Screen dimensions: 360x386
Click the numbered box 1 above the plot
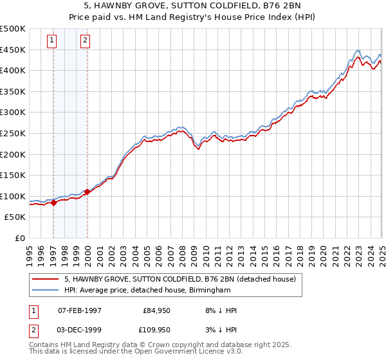53,41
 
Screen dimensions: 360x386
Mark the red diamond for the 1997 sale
54,203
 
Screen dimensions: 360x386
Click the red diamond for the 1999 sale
87,192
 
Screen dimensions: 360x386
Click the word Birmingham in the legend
209,290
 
